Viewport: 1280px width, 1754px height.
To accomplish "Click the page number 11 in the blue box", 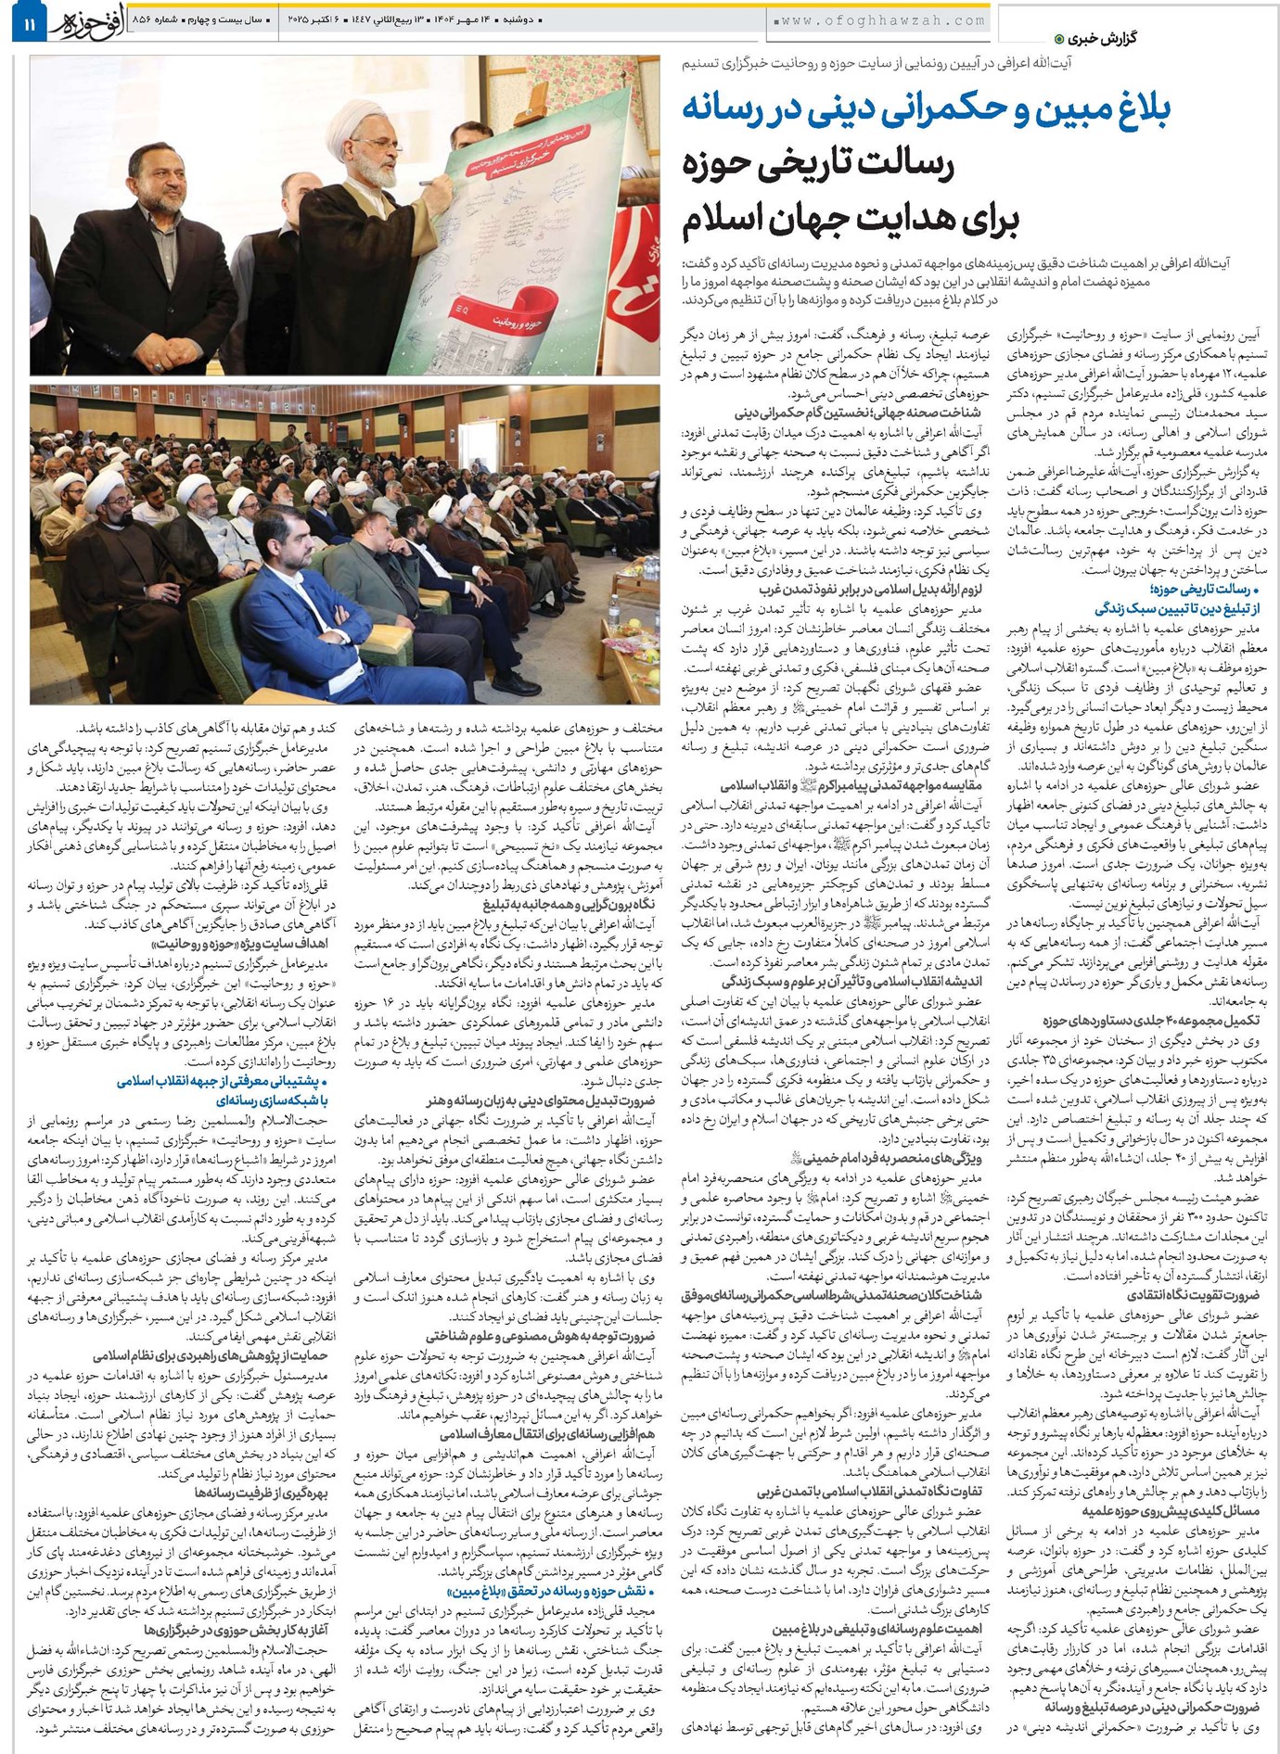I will pyautogui.click(x=29, y=20).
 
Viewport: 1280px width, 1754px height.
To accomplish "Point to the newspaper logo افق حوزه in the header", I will pyautogui.click(x=83, y=20).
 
